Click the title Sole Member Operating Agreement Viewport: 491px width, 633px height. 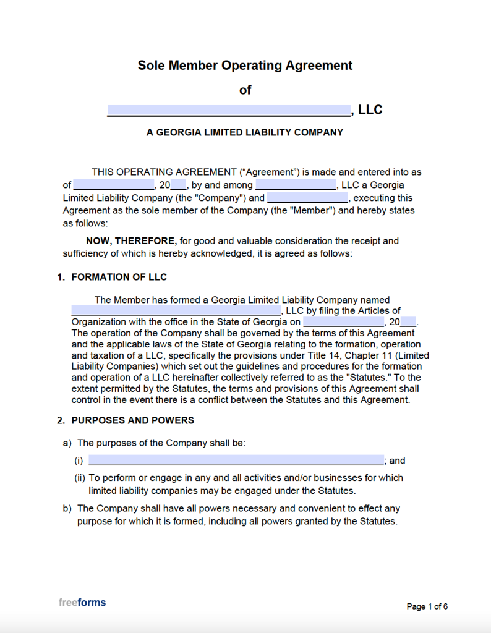click(245, 66)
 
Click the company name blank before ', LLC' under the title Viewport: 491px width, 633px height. click(229, 111)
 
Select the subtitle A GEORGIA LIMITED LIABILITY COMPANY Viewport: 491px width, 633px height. click(245, 132)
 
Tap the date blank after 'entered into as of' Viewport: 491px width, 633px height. click(114, 185)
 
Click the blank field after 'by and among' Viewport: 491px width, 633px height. click(296, 185)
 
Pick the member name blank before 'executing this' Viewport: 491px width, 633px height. click(307, 198)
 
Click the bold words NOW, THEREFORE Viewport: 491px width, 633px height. click(131, 241)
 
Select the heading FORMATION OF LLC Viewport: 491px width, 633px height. click(119, 278)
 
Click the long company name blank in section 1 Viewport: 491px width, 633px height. click(176, 311)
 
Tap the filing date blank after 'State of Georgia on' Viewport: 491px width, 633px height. click(344, 322)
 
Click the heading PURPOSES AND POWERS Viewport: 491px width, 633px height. click(133, 421)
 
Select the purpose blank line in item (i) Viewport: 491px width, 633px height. click(236, 461)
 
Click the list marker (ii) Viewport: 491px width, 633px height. click(80, 478)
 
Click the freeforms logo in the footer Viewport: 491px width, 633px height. click(82, 603)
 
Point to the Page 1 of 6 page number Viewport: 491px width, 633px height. click(427, 606)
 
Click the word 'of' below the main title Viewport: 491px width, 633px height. click(245, 90)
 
